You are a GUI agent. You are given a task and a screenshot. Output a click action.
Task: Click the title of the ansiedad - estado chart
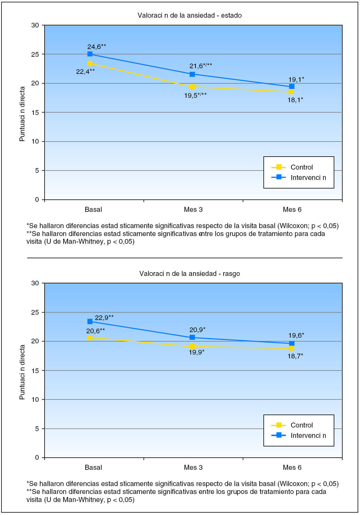pyautogui.click(x=190, y=15)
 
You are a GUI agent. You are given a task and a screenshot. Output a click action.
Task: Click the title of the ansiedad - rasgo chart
pyautogui.click(x=190, y=274)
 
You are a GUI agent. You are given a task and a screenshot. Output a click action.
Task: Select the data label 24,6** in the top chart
pyautogui.click(x=97, y=46)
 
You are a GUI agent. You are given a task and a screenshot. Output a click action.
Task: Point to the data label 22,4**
pyautogui.click(x=85, y=71)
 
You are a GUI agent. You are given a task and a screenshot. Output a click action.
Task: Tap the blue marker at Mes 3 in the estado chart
pyautogui.click(x=192, y=74)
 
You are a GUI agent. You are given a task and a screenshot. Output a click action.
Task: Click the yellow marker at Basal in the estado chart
pyautogui.click(x=90, y=64)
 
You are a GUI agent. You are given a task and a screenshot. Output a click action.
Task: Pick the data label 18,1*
pyautogui.click(x=295, y=100)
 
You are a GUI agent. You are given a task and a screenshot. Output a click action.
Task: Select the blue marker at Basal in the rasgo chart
pyautogui.click(x=90, y=321)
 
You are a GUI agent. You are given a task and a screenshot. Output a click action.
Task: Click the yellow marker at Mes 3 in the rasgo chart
pyautogui.click(x=192, y=347)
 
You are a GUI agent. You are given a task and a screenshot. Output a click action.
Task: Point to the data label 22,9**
pyautogui.click(x=104, y=318)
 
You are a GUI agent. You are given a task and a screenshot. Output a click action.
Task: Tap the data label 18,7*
pyautogui.click(x=295, y=356)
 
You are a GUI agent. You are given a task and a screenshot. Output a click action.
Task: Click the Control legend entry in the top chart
pyautogui.click(x=301, y=167)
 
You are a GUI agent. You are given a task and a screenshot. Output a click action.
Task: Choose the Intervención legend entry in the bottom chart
pyautogui.click(x=308, y=436)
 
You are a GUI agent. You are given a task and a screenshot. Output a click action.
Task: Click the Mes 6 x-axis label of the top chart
pyautogui.click(x=292, y=209)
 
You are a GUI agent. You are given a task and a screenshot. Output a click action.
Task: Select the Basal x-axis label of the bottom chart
pyautogui.click(x=93, y=467)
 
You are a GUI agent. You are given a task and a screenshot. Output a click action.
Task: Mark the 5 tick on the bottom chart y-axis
pyautogui.click(x=37, y=429)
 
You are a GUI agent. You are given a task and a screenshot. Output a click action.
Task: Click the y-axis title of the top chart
pyautogui.click(x=22, y=114)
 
